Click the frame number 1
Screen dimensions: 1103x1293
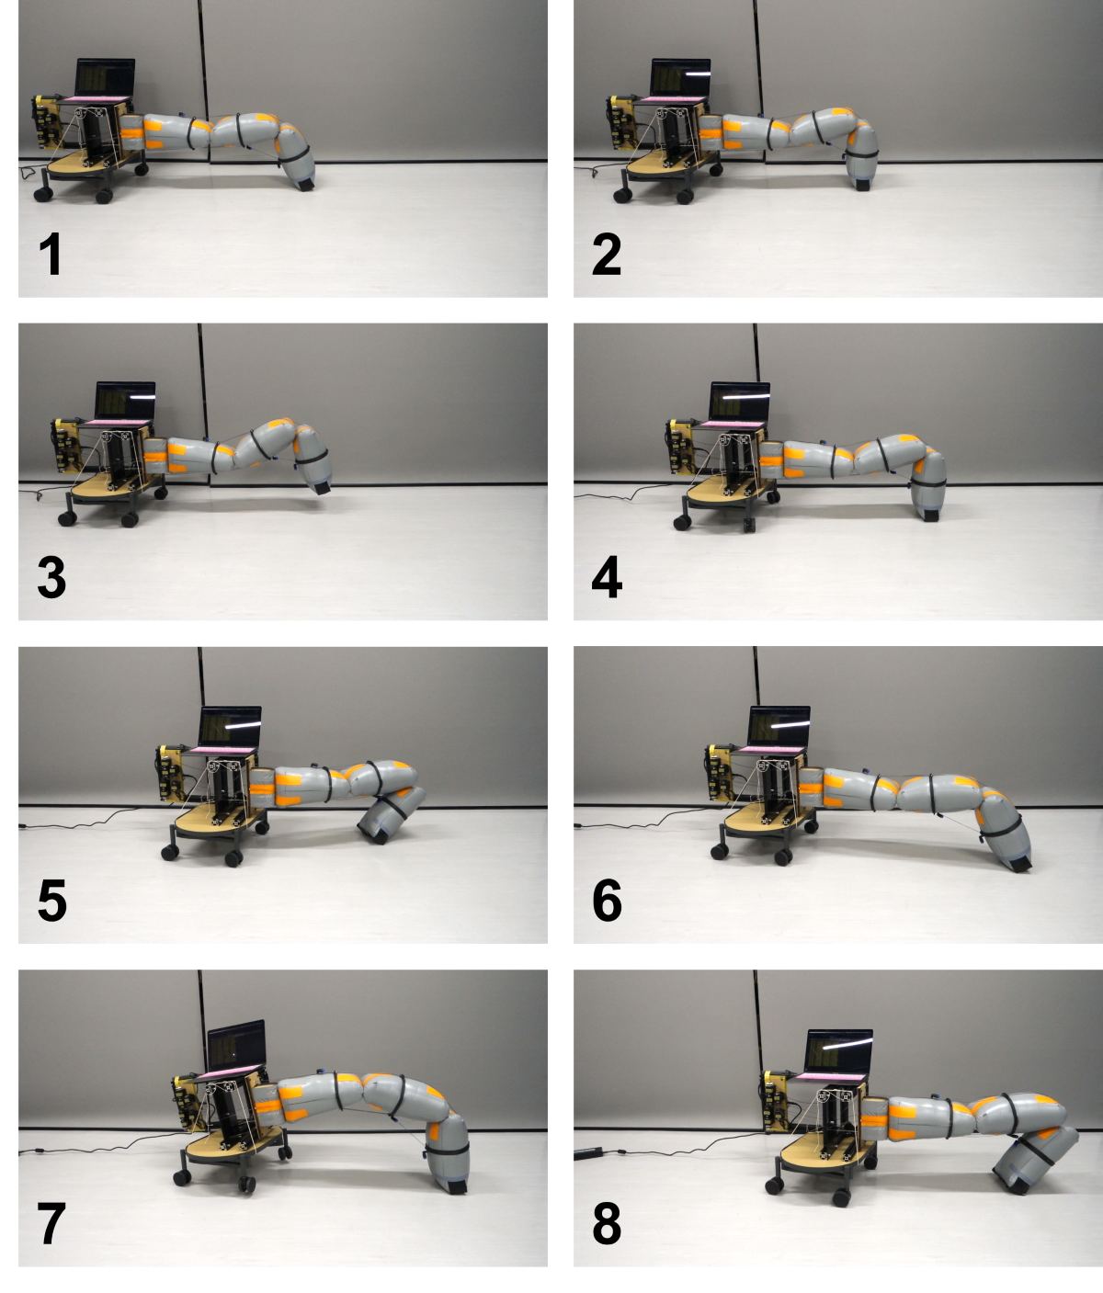point(50,254)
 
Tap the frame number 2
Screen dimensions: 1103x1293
point(607,254)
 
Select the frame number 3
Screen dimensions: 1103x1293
point(51,577)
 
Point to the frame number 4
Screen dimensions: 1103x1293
point(607,577)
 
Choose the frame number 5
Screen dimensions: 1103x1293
point(51,901)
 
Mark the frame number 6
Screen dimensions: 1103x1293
point(607,901)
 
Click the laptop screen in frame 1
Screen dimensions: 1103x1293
point(105,77)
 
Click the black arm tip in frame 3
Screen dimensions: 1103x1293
point(323,487)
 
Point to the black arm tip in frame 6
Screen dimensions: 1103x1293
point(1022,864)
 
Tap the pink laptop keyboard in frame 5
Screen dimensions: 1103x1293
point(222,749)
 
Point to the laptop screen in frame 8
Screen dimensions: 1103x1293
point(838,1051)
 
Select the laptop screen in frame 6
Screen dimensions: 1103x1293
point(779,726)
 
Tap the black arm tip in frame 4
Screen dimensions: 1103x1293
point(929,516)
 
